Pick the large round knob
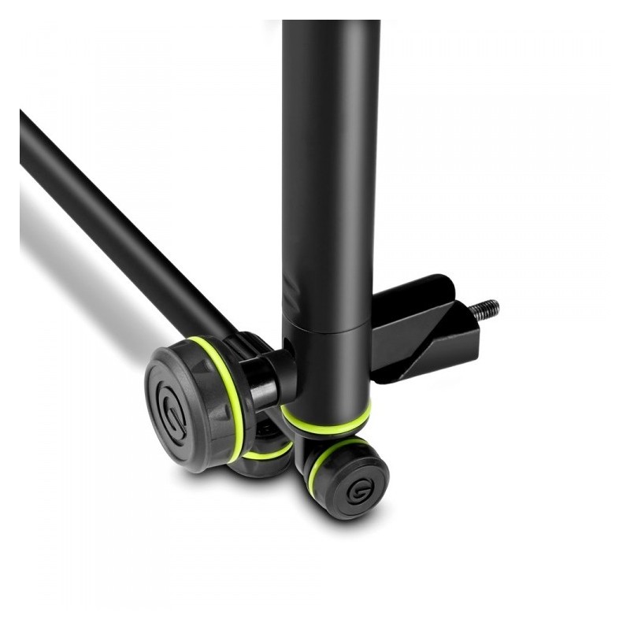[189, 406]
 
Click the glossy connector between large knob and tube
[272, 378]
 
